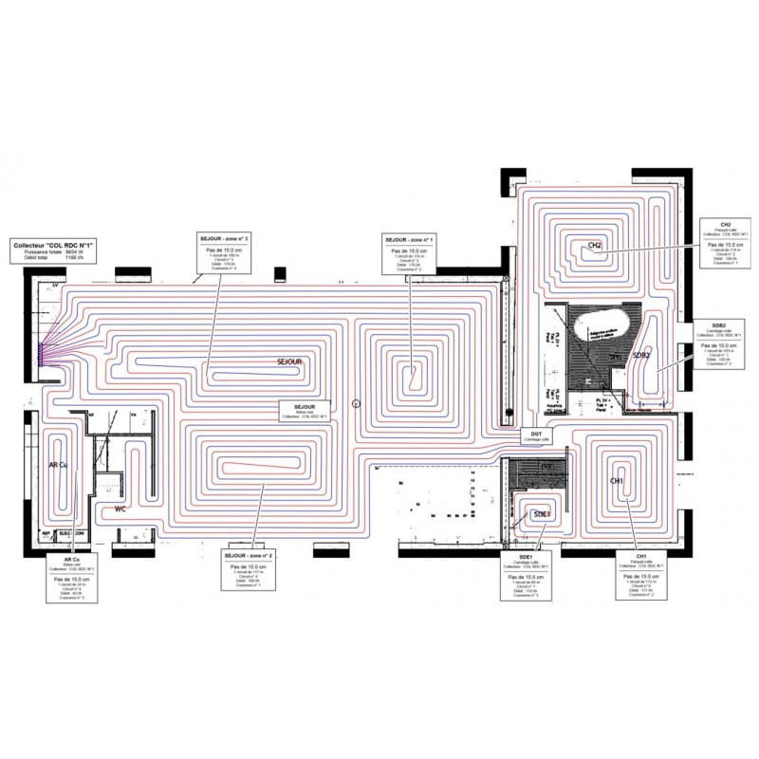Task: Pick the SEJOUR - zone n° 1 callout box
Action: click(x=409, y=252)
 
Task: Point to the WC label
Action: click(x=120, y=509)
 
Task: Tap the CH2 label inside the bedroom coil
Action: click(x=596, y=246)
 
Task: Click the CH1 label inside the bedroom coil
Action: click(x=616, y=481)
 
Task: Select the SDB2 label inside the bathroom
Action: click(x=642, y=357)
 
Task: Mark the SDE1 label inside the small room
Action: click(x=543, y=513)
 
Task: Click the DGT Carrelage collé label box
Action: click(x=531, y=435)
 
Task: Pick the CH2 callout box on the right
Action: click(x=727, y=243)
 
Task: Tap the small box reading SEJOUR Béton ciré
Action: click(x=304, y=410)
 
